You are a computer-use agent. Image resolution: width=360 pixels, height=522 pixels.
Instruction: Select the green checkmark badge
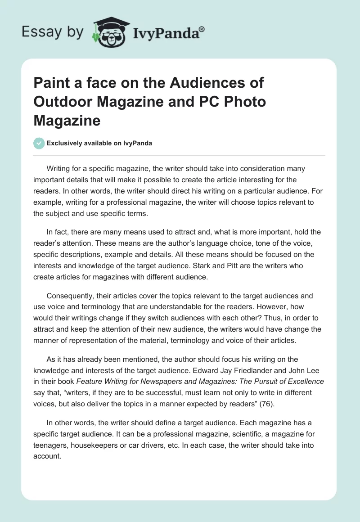tap(39, 143)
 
